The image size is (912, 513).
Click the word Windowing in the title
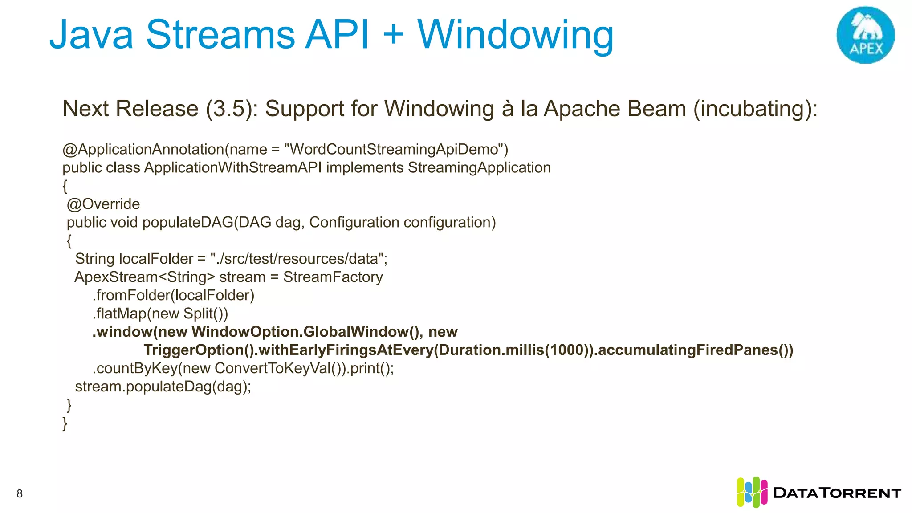pyautogui.click(x=515, y=36)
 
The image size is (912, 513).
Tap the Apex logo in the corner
pyautogui.click(x=865, y=35)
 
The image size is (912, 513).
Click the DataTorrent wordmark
pyautogui.click(x=837, y=493)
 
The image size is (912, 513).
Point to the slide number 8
pyautogui.click(x=20, y=493)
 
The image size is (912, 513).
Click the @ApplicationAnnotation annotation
pyautogui.click(x=143, y=149)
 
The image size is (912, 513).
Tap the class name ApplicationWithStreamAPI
pyautogui.click(x=232, y=168)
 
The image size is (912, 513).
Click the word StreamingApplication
pyautogui.click(x=479, y=168)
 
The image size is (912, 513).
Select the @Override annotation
pyautogui.click(x=103, y=204)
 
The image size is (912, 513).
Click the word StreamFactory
pyautogui.click(x=333, y=277)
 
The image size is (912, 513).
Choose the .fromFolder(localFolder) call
pyautogui.click(x=174, y=295)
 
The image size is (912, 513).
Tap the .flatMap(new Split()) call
pyautogui.click(x=160, y=313)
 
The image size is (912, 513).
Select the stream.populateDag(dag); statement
pyautogui.click(x=163, y=387)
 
